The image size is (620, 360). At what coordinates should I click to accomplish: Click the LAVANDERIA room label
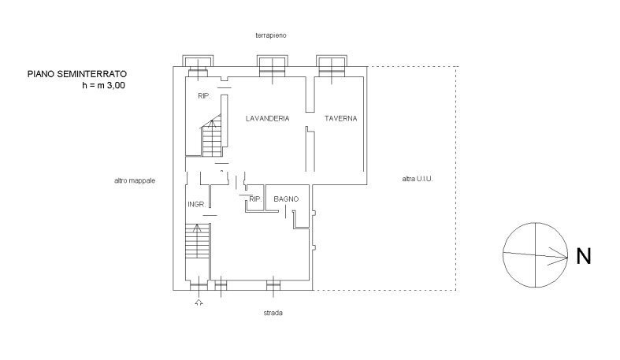coord(267,118)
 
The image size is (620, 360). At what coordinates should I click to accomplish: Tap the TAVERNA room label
coord(340,118)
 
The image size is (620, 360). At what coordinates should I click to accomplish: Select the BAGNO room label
coord(286,199)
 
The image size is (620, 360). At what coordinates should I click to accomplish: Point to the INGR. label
coord(196,204)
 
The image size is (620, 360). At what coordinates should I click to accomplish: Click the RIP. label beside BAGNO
coord(255,199)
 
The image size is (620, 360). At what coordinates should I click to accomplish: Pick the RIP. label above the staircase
coord(204,96)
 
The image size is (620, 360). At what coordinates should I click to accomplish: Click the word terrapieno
coord(271,35)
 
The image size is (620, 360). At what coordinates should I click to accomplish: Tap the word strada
coord(273,313)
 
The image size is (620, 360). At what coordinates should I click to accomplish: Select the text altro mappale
coord(135,180)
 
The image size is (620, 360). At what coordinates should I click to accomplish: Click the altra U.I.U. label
coord(418,179)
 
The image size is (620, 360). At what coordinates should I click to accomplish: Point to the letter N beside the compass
coord(584,256)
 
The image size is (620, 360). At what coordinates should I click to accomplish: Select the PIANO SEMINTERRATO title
coord(77,74)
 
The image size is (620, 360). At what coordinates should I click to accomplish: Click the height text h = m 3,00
coord(104,85)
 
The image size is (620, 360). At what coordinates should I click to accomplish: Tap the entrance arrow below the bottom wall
coord(199,302)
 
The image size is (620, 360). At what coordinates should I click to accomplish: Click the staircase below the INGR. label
coord(197,241)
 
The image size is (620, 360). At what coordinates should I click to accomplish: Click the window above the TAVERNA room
coord(332,66)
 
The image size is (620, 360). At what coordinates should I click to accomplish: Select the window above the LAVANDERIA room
coord(272,66)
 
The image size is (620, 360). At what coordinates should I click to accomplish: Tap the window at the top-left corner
coord(198,66)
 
